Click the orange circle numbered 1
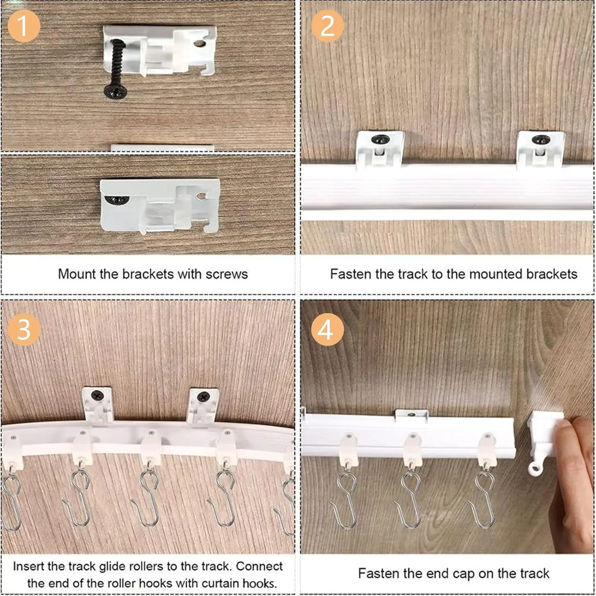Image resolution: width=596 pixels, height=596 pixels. (x=24, y=26)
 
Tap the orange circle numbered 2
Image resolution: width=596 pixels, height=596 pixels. (x=327, y=26)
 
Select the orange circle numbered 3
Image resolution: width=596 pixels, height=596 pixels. (x=24, y=329)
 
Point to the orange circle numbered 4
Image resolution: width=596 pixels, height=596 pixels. (x=327, y=329)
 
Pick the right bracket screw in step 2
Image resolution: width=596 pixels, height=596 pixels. (x=540, y=140)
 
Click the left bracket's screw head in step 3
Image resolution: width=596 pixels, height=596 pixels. (x=97, y=395)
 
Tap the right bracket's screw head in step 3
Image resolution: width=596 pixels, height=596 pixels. (x=203, y=396)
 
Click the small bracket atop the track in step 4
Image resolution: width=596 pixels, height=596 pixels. (x=411, y=414)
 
